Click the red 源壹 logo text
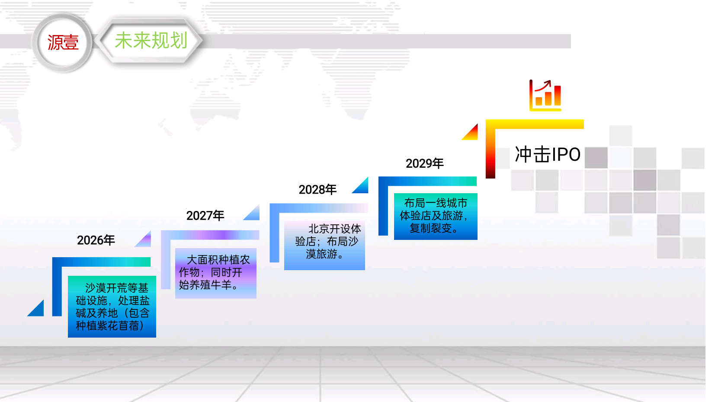(x=63, y=42)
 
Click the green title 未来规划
(x=151, y=41)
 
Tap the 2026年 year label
(x=96, y=240)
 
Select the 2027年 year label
(x=205, y=216)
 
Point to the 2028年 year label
(x=317, y=189)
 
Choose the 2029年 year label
(x=424, y=163)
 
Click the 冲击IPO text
(x=548, y=154)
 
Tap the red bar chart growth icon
(x=545, y=96)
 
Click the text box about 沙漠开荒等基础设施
(x=112, y=306)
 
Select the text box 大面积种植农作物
(x=216, y=274)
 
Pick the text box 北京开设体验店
(x=324, y=246)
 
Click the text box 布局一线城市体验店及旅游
(x=436, y=216)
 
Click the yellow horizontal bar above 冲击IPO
(x=535, y=124)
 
